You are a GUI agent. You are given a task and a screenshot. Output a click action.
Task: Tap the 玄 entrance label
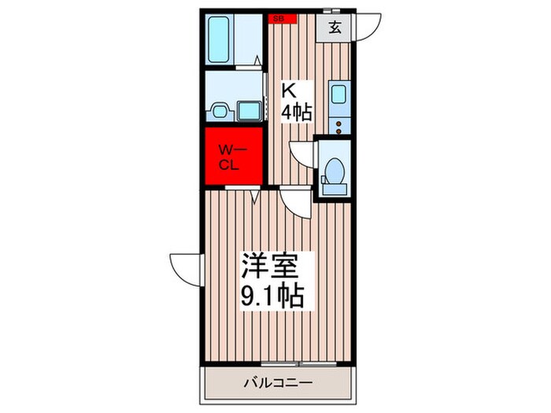pyautogui.click(x=335, y=28)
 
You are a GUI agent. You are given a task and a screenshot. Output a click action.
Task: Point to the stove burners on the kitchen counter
pyautogui.click(x=339, y=122)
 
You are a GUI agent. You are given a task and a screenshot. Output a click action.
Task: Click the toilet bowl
pyautogui.click(x=334, y=169)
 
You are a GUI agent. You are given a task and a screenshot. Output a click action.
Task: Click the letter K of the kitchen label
pyautogui.click(x=290, y=89)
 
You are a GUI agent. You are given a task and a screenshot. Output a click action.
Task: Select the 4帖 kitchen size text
pyautogui.click(x=297, y=112)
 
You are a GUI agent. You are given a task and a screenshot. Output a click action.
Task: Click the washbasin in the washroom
pyautogui.click(x=220, y=111)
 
